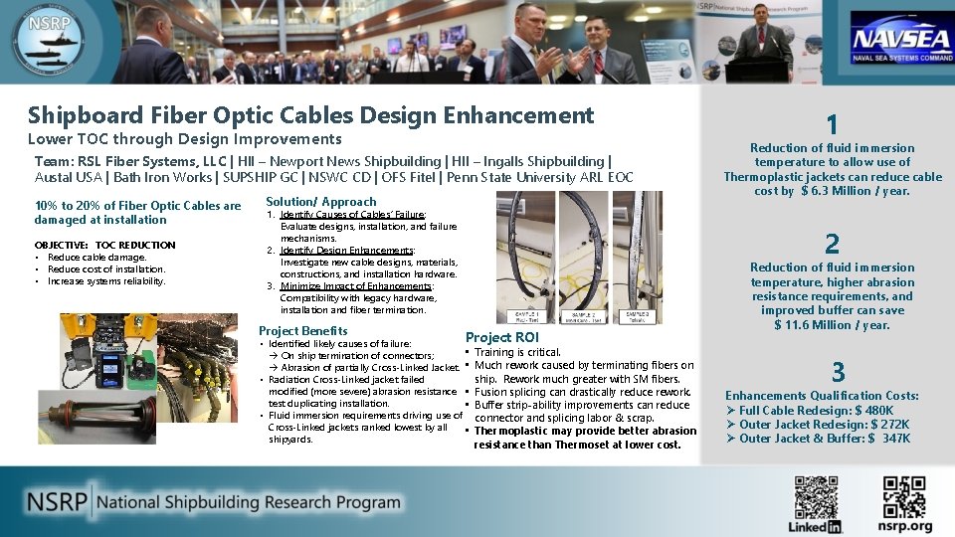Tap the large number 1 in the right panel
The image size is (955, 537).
pos(833,124)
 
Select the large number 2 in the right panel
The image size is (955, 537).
pos(833,244)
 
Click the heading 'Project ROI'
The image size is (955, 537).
pos(501,337)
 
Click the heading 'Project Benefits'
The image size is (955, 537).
pos(302,330)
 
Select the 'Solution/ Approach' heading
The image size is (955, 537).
pos(320,202)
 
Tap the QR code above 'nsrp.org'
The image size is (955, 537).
pos(904,496)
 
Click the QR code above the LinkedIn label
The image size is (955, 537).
pos(816,496)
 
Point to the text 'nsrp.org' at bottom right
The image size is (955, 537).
pos(905,526)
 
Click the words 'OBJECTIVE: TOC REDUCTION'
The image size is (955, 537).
pos(104,245)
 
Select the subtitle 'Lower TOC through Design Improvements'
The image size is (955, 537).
pos(184,139)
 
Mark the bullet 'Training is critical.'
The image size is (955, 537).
pos(517,352)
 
